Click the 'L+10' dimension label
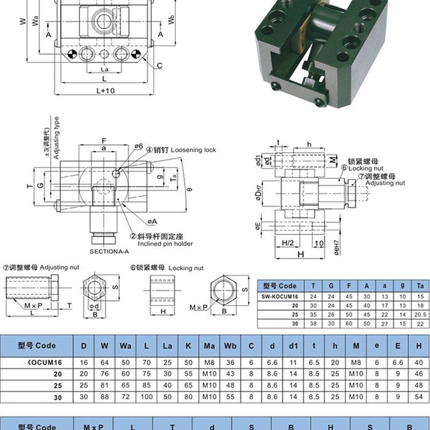[105, 91]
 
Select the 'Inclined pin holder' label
[165, 243]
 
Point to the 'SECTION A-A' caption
[110, 252]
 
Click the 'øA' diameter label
[152, 221]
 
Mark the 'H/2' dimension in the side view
[289, 242]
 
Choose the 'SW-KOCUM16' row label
[280, 296]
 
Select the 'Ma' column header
[209, 346]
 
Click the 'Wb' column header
[231, 346]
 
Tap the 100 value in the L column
[146, 397]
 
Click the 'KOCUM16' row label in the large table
[42, 363]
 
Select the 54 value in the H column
[418, 397]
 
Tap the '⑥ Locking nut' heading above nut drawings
[166, 267]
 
